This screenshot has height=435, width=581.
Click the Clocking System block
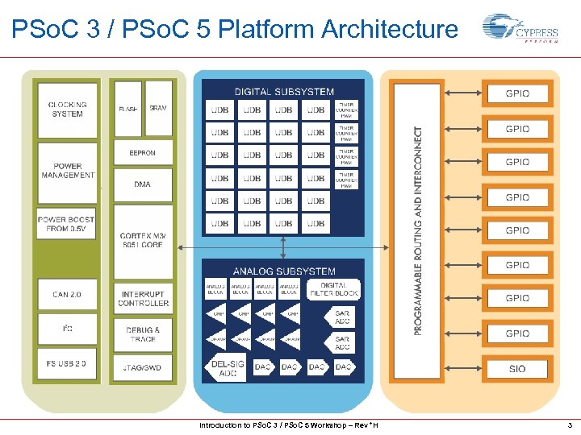tap(68, 109)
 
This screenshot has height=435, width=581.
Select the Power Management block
tap(68, 171)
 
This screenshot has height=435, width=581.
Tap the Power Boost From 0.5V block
tap(66, 224)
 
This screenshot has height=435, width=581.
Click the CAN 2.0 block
tap(67, 294)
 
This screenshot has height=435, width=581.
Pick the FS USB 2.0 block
tap(67, 363)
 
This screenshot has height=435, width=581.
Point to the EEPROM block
tap(142, 152)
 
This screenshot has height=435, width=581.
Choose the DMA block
tap(142, 184)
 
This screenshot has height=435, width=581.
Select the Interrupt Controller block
tap(143, 299)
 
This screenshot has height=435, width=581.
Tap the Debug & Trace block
tap(143, 334)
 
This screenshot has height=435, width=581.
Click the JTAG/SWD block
tap(143, 367)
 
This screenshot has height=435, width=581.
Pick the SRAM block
tap(158, 108)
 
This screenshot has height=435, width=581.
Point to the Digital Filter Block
tap(334, 289)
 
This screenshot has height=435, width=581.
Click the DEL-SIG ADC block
tap(228, 368)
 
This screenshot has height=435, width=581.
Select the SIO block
tap(517, 369)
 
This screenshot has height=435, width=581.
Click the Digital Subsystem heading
tap(283, 91)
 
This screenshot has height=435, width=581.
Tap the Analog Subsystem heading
tap(284, 271)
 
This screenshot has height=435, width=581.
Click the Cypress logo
tap(520, 31)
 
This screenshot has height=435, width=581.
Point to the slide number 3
tap(570, 425)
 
